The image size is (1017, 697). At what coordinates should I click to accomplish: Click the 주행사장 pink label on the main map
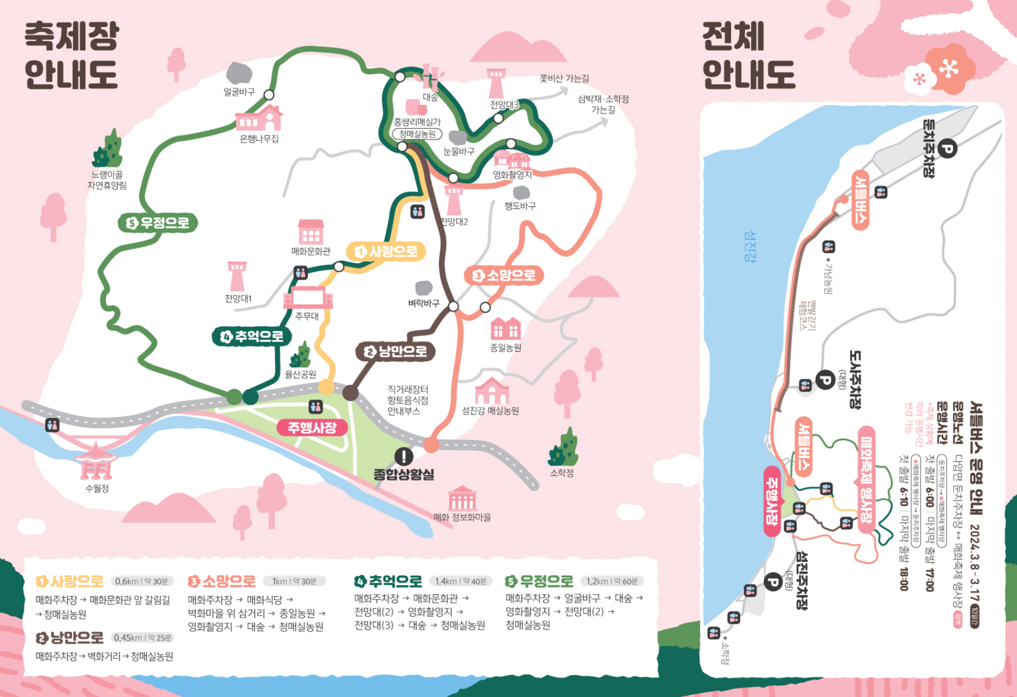(312, 427)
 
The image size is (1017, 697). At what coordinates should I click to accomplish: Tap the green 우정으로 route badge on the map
(158, 223)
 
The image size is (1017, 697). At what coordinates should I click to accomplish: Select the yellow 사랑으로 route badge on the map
(386, 251)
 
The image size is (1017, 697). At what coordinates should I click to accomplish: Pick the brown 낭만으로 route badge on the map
(395, 351)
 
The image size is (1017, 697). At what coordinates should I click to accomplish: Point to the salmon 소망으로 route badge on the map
(504, 276)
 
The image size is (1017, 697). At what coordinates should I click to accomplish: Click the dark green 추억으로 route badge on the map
(252, 336)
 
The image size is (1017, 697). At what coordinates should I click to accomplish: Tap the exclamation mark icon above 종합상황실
(404, 457)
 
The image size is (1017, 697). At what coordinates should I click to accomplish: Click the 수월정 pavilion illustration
(96, 462)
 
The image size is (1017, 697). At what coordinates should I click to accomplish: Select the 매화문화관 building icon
(311, 232)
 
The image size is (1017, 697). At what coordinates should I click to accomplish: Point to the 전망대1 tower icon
(237, 276)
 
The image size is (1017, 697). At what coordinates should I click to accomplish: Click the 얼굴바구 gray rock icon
(239, 73)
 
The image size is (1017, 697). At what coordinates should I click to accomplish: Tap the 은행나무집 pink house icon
(260, 118)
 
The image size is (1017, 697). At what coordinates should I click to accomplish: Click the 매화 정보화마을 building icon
(462, 498)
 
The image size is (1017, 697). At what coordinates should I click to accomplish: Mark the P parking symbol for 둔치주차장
(946, 149)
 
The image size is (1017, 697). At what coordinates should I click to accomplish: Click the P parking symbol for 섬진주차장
(773, 582)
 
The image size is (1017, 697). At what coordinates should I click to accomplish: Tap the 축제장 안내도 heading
(71, 55)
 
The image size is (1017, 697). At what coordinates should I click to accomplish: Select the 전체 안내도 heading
(748, 55)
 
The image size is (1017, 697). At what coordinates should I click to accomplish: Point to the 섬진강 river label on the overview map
(749, 247)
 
